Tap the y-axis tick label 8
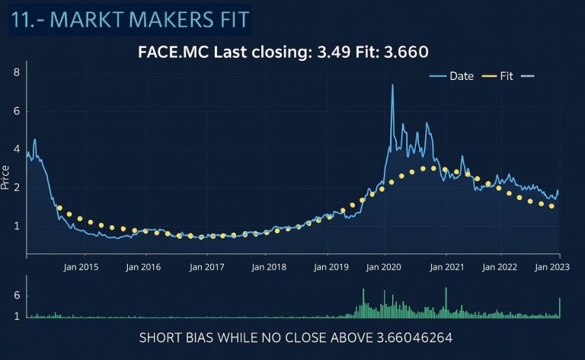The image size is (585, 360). point(16,73)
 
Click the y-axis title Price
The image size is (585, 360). point(7,178)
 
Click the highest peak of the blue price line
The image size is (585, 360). point(392,85)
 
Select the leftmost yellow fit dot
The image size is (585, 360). point(59,208)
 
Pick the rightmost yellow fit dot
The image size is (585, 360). point(551,205)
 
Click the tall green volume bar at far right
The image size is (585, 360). point(560,307)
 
